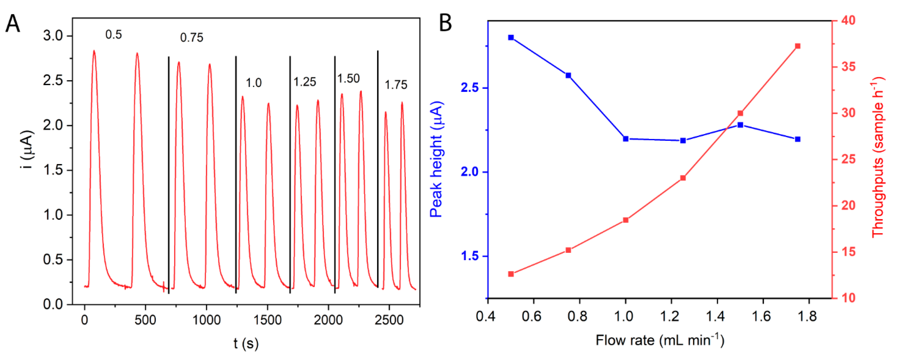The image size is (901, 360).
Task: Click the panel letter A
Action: coord(13,24)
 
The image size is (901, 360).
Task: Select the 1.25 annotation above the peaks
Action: coord(304,82)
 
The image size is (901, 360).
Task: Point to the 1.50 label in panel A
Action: coord(348,78)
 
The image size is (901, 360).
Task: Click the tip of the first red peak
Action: coord(94,51)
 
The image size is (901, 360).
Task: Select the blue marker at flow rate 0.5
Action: coord(511,37)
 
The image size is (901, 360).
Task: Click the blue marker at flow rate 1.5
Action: coord(740,125)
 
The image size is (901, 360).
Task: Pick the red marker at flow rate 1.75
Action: coord(798,46)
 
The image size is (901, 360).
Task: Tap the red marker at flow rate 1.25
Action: coord(683,178)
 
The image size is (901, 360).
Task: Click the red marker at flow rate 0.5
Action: coord(511,274)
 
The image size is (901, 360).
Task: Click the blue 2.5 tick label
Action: coord(469,88)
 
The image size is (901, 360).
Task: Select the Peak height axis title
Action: coord(436,159)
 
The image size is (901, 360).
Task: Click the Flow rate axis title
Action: coord(659,340)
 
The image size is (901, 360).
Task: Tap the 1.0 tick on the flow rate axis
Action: coord(624,316)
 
